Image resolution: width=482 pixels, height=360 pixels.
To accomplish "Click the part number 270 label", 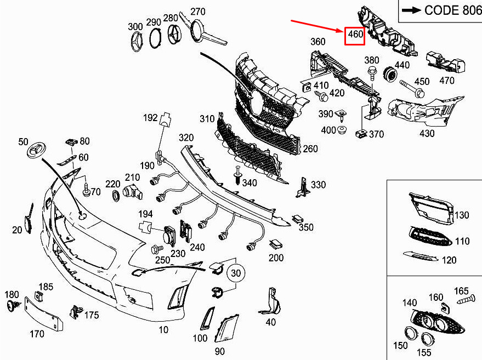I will pos(197,12).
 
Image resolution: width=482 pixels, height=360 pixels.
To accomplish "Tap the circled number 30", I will pos(235,273).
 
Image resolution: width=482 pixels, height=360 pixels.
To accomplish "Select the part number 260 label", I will pos(310,148).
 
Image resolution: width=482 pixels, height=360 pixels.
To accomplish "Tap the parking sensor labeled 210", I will pos(132,191).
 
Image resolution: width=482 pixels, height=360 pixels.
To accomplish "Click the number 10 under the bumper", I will pos(163,329).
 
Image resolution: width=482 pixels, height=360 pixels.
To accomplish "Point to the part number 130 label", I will pos(462,215).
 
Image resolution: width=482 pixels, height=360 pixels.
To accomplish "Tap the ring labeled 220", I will pos(116,196).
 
